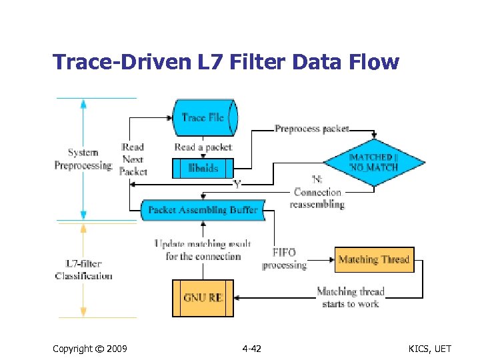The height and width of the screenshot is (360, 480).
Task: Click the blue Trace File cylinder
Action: click(x=204, y=117)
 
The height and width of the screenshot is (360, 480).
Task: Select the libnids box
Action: click(x=203, y=168)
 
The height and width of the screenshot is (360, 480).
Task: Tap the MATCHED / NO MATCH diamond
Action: click(x=374, y=161)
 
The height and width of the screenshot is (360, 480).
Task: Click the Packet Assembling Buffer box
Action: click(x=203, y=209)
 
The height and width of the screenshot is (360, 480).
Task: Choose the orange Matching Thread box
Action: click(x=373, y=259)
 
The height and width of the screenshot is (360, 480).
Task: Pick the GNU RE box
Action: click(x=203, y=297)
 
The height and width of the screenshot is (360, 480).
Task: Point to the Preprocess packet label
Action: click(x=311, y=129)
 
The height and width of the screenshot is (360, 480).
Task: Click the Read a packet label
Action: click(x=203, y=147)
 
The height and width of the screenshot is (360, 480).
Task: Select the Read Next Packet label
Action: click(x=133, y=159)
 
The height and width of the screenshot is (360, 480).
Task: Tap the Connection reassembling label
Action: click(x=317, y=198)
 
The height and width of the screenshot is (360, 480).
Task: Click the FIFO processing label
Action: click(x=284, y=259)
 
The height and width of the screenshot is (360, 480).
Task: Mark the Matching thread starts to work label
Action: click(x=350, y=297)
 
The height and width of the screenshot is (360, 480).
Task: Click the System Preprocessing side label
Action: click(x=83, y=159)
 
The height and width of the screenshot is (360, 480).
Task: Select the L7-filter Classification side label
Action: click(x=83, y=270)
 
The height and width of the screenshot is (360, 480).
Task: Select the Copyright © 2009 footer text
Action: click(x=89, y=349)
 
